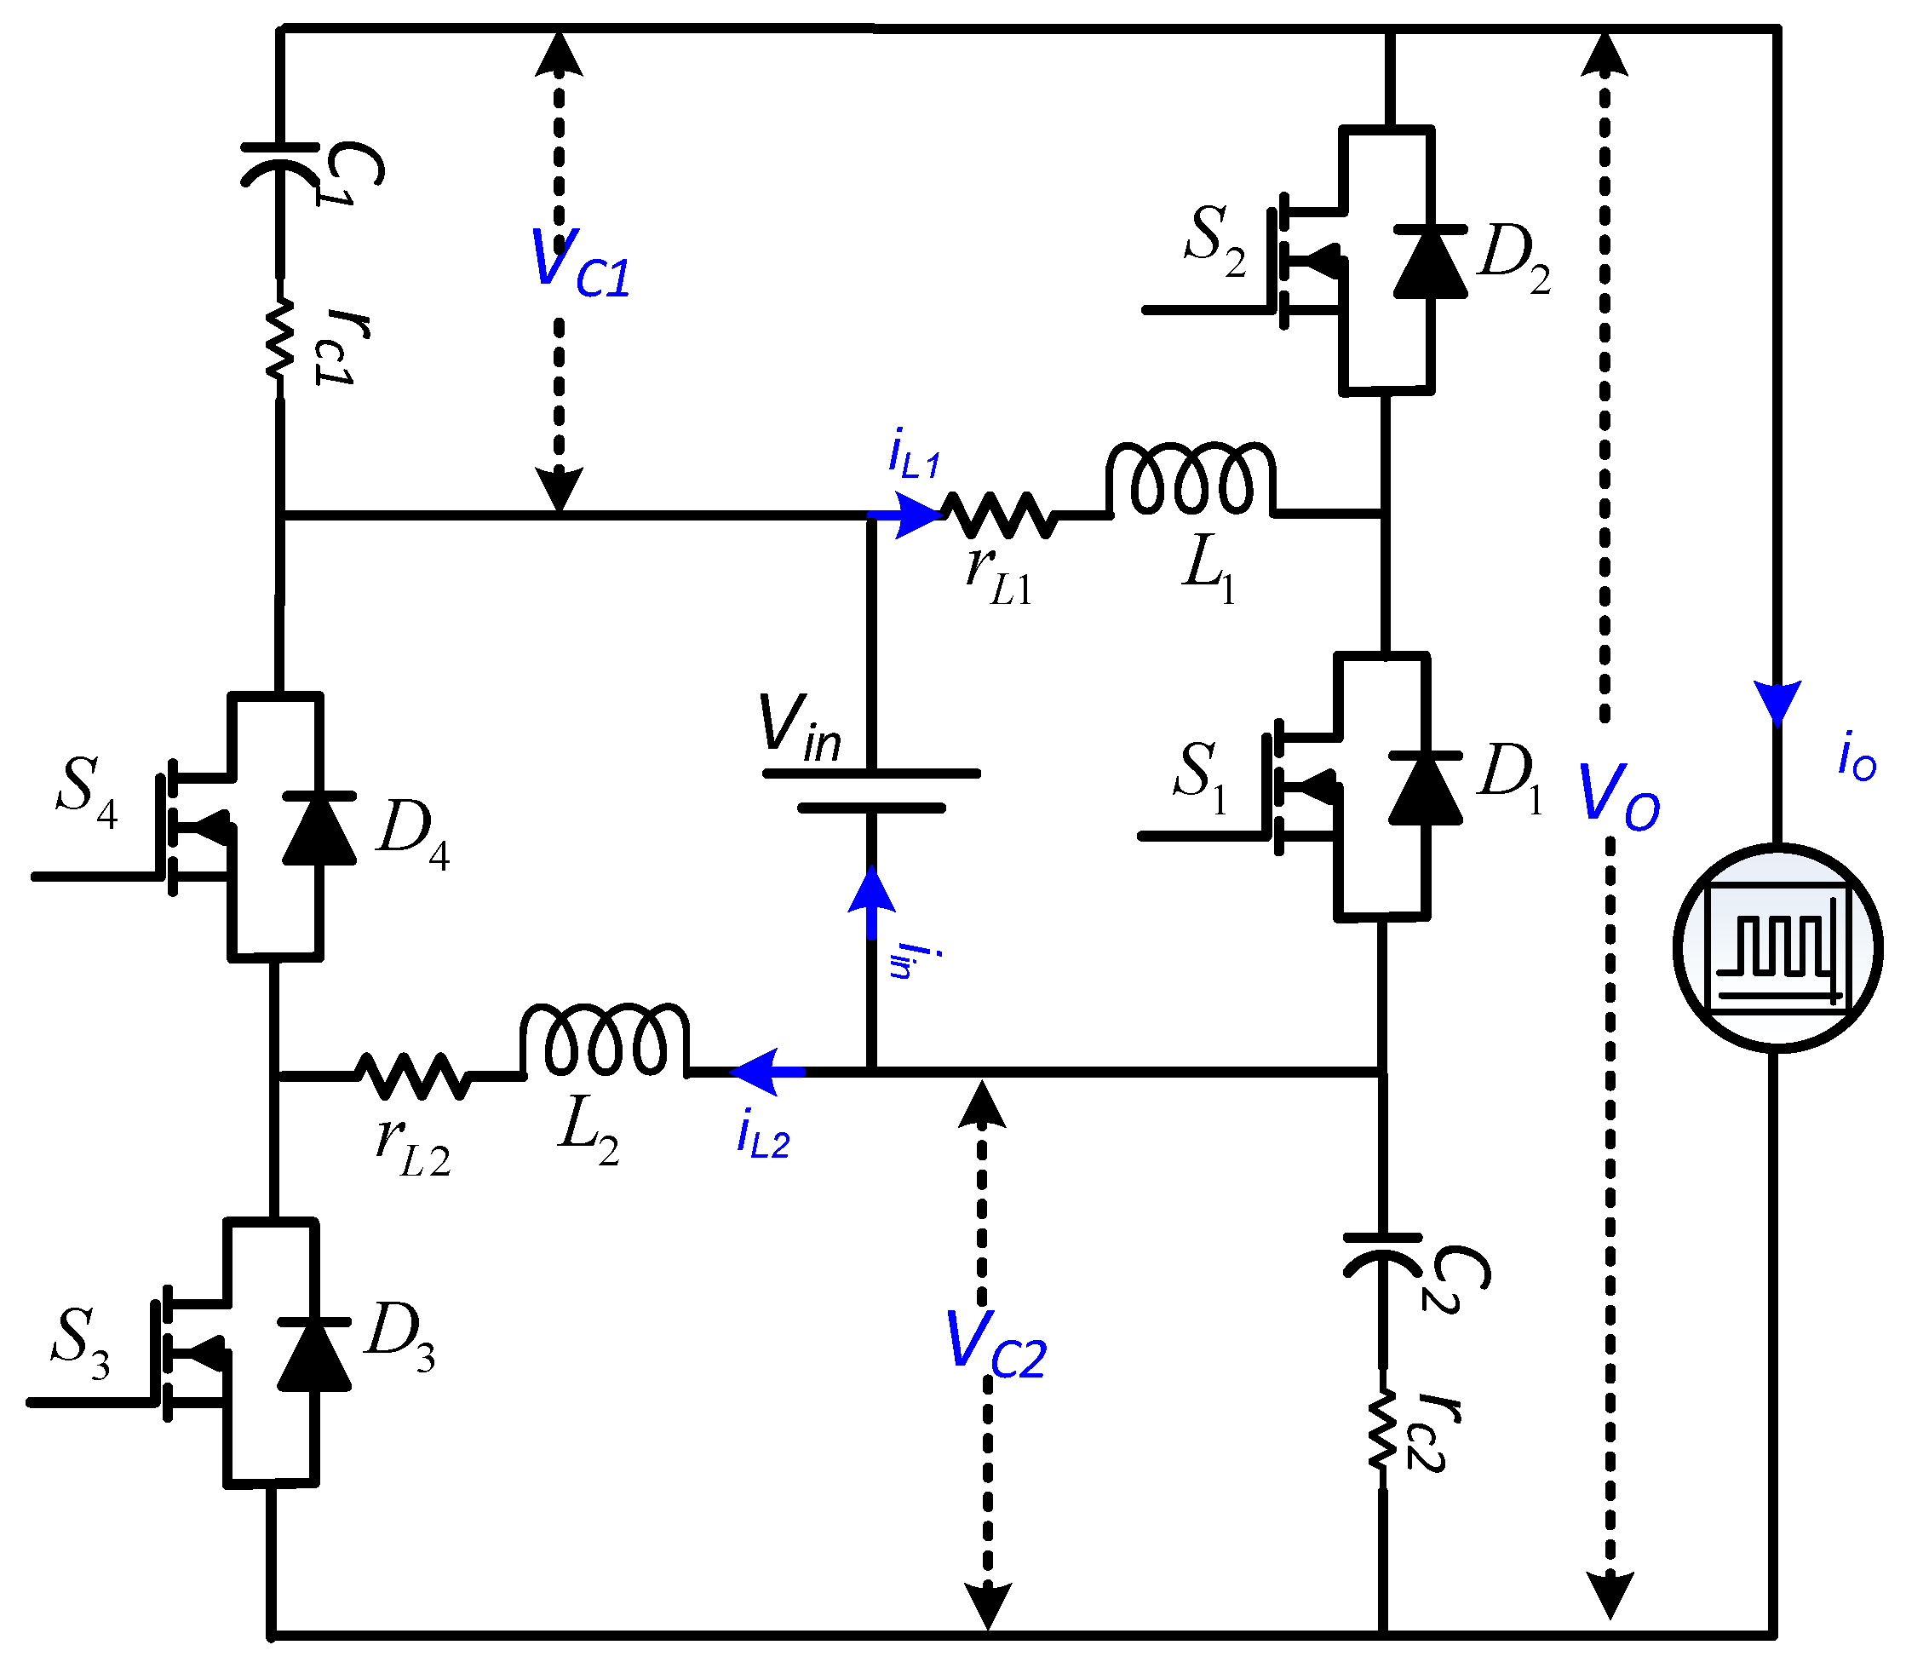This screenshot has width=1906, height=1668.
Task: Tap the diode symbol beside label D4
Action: [x=319, y=828]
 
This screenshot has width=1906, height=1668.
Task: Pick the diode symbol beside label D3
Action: [x=313, y=1355]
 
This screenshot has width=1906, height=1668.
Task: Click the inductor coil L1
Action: [x=1191, y=480]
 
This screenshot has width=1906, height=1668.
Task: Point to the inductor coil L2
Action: [x=604, y=1041]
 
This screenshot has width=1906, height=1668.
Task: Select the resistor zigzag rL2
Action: [x=412, y=1076]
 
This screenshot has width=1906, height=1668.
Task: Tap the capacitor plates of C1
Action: [x=279, y=164]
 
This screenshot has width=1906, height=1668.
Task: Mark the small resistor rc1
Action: [x=279, y=340]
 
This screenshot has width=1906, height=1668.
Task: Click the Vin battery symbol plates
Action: [x=871, y=791]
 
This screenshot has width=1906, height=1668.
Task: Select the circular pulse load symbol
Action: [x=1777, y=948]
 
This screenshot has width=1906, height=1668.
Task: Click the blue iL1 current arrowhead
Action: [x=916, y=515]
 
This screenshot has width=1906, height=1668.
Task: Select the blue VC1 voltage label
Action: [x=580, y=264]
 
